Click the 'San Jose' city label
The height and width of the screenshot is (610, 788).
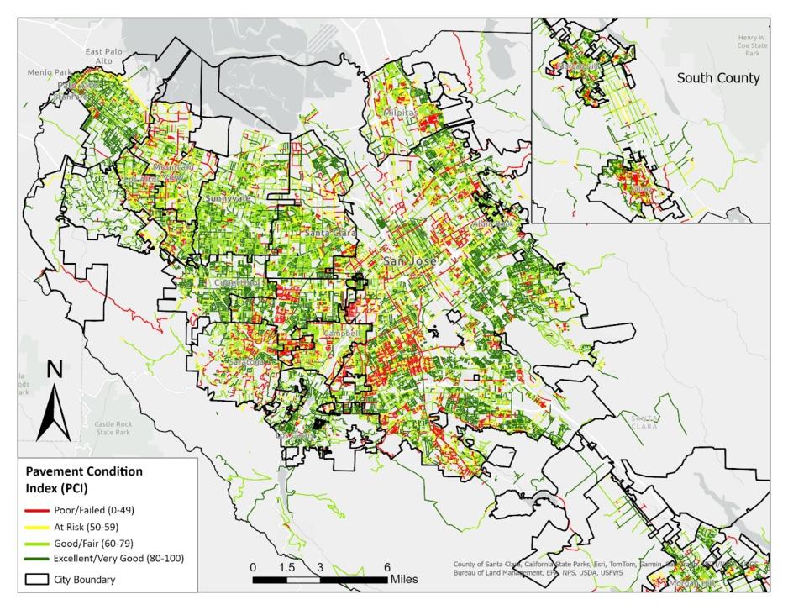point(410,261)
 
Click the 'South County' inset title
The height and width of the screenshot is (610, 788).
point(718,79)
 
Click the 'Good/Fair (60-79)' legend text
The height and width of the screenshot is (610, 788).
point(95,544)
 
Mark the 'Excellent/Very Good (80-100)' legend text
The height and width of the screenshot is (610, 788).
point(118,559)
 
